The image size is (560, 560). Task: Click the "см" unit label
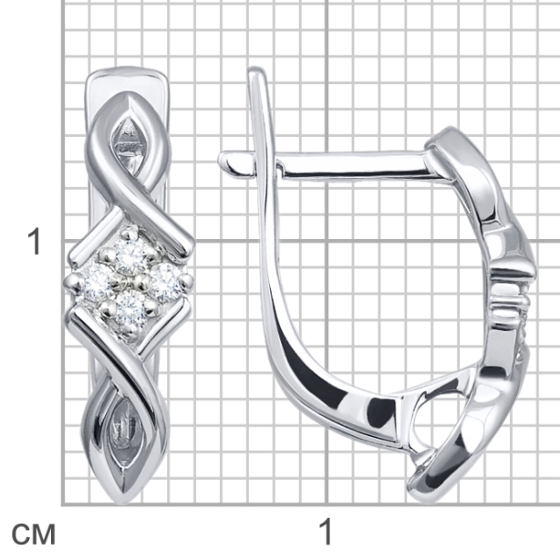click(34, 534)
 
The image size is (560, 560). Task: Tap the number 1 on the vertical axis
click(35, 242)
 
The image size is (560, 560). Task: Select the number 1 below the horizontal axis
click(327, 532)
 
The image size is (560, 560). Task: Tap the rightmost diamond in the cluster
click(163, 282)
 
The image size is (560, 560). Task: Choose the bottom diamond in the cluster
click(130, 309)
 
